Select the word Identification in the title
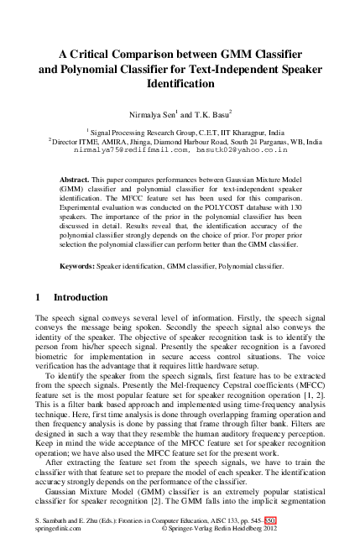[180, 84]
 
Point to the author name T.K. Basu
[209, 112]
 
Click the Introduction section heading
[81, 297]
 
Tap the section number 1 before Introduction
[38, 297]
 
